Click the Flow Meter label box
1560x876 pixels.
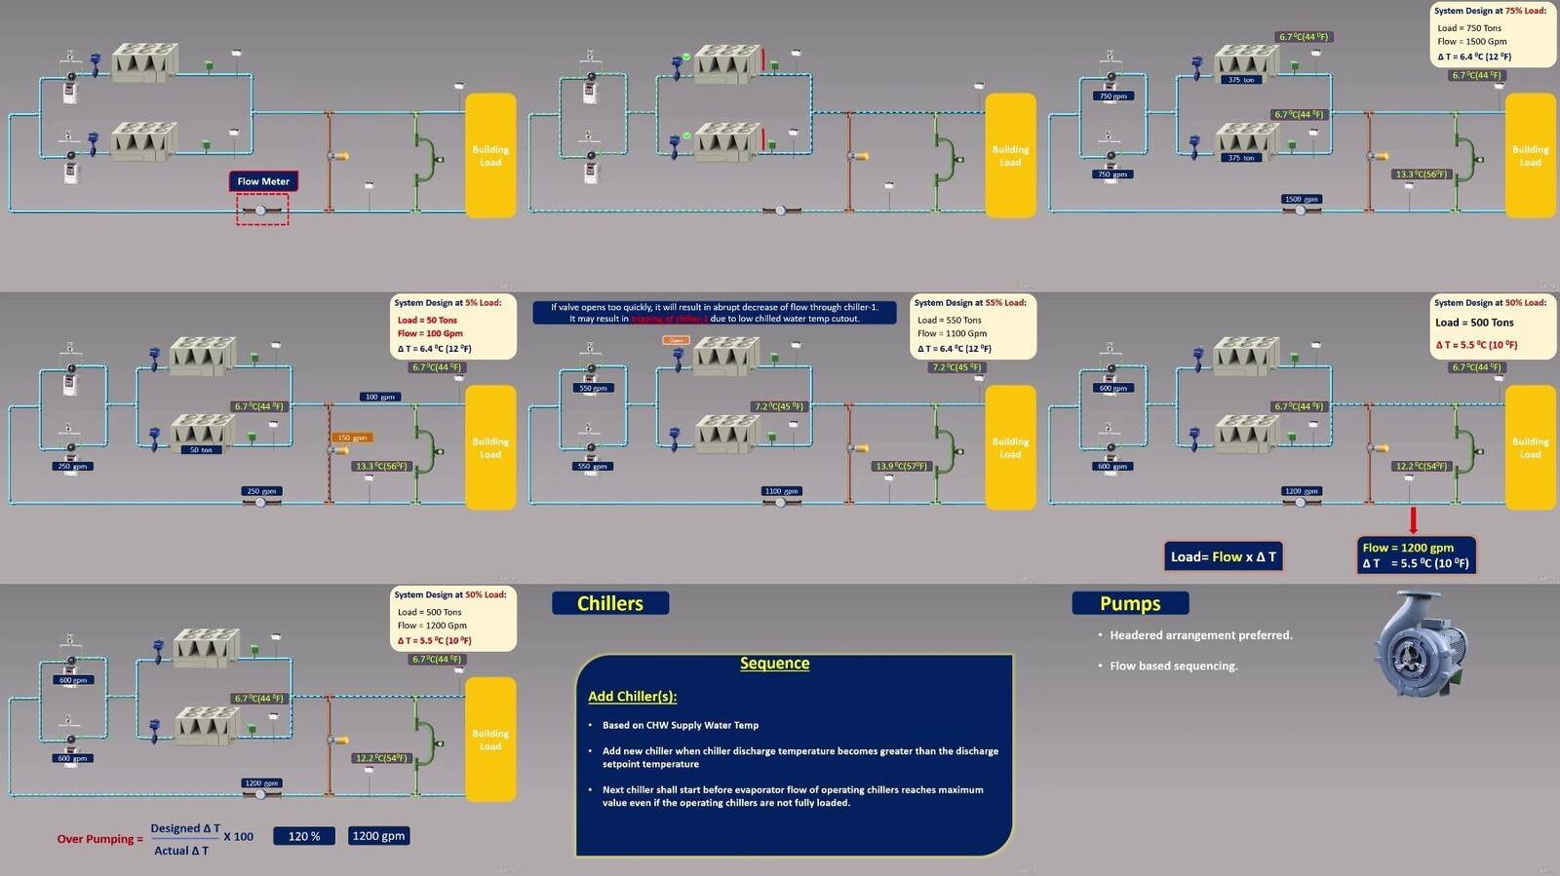(263, 181)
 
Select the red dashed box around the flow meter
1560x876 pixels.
(262, 209)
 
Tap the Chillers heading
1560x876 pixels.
(610, 603)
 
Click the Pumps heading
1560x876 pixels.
(1130, 603)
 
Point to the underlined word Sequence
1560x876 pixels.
(774, 664)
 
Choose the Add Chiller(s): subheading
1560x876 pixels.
(632, 696)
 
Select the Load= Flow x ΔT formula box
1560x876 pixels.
(1224, 556)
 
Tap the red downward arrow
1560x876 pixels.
(1413, 519)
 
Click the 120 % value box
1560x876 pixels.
(304, 836)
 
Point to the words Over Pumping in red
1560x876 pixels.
(96, 839)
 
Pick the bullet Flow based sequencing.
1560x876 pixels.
(1174, 666)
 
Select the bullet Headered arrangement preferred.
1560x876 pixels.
(1200, 635)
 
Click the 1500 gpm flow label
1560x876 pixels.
(1301, 199)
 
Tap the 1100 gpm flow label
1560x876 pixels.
(781, 491)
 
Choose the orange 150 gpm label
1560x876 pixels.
(352, 438)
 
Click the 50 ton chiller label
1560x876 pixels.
(201, 450)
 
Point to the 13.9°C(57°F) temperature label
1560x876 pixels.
(902, 466)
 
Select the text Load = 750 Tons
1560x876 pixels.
(1469, 28)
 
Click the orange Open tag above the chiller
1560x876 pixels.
(676, 340)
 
